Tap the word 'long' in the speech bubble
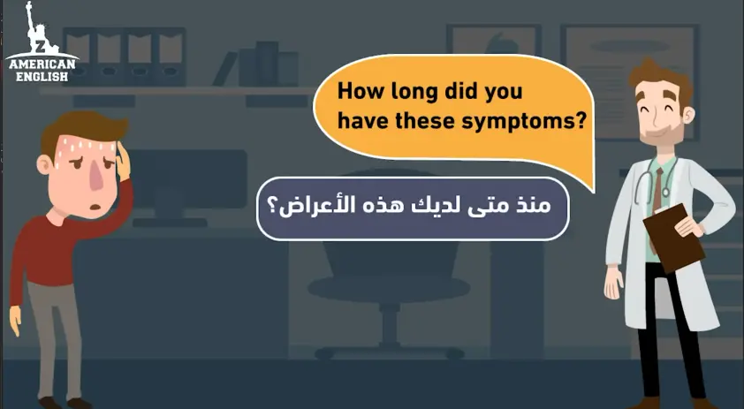(413, 92)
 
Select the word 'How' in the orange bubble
(361, 91)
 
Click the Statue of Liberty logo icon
(38, 28)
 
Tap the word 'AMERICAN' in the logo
(42, 64)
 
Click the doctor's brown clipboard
(673, 238)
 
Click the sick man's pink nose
(97, 177)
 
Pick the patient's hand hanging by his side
(15, 322)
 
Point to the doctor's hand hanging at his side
(612, 283)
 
